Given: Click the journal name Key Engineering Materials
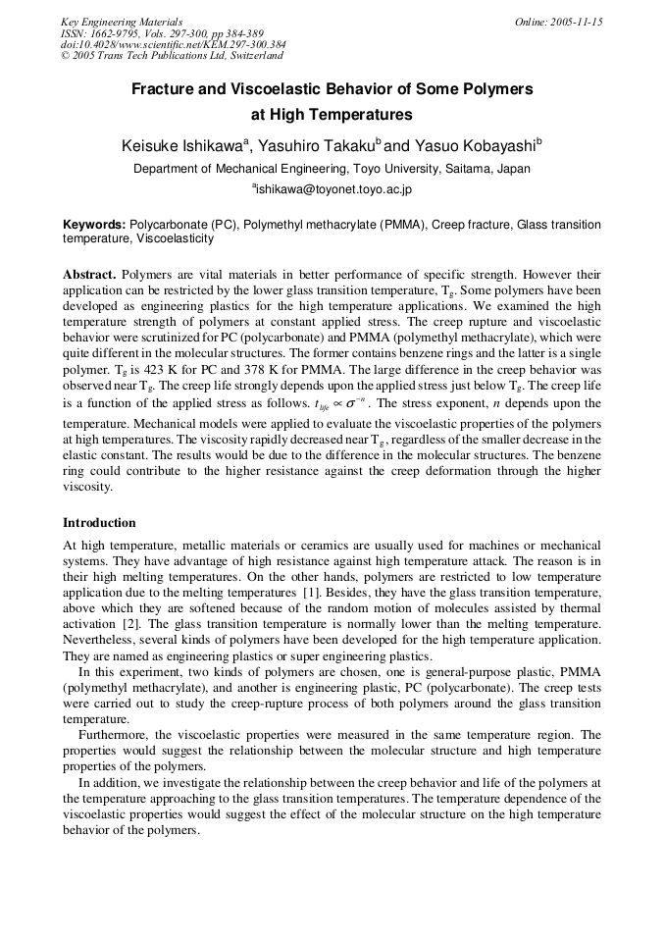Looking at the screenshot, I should (121, 22).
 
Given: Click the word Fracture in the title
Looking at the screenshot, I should (165, 89).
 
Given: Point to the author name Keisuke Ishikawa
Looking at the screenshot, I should (182, 146).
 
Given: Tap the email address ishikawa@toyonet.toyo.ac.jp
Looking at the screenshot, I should (333, 188).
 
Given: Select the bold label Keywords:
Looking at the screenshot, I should (94, 225).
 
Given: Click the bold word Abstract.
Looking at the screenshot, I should (90, 275).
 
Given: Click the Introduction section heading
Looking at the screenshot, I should (99, 523).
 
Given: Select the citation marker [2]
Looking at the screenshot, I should (130, 624).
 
